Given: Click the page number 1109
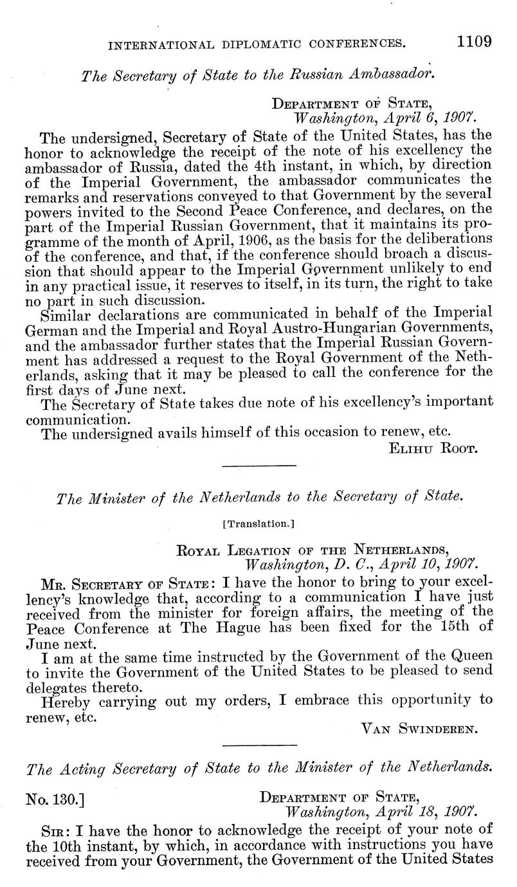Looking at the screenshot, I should point(475,42).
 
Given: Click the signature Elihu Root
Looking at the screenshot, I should point(432,448).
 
